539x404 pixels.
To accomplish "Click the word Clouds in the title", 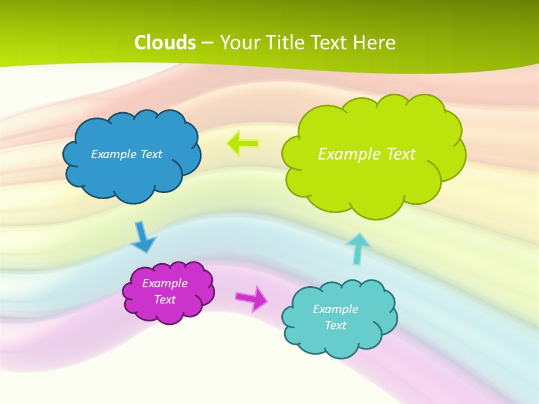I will coord(165,42).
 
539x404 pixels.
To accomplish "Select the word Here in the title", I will coord(376,42).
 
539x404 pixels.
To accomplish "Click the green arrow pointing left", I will coord(243,144).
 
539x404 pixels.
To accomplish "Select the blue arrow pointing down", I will coord(142,237).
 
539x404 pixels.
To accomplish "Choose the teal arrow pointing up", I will coord(358,249).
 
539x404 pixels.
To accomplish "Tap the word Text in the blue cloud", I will coord(151,154).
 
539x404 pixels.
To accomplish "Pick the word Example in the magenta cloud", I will coord(165,283).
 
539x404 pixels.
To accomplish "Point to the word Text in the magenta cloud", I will coord(165,300).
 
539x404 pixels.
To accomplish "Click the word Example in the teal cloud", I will coord(335,309).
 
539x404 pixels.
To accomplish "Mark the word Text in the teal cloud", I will coord(335,325).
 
